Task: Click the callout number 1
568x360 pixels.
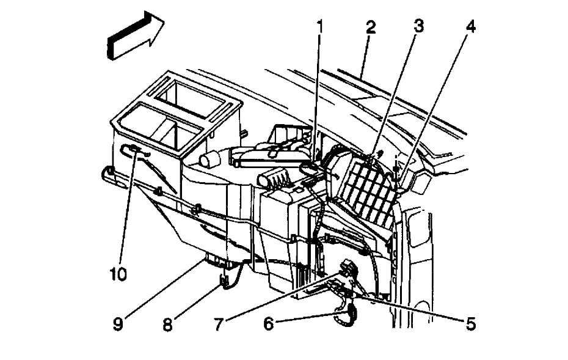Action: pyautogui.click(x=319, y=27)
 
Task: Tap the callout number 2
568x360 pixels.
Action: pyautogui.click(x=370, y=28)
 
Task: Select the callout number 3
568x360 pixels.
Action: pyautogui.click(x=418, y=26)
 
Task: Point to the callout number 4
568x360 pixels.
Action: pyautogui.click(x=470, y=28)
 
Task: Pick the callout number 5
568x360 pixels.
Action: pyautogui.click(x=470, y=323)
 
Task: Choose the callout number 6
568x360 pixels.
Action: pyautogui.click(x=269, y=323)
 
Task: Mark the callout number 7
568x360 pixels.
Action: pyautogui.click(x=217, y=323)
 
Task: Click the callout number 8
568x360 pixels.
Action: pyautogui.click(x=166, y=323)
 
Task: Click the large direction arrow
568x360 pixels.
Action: pyautogui.click(x=135, y=39)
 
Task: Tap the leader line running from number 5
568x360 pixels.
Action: pyautogui.click(x=415, y=309)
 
